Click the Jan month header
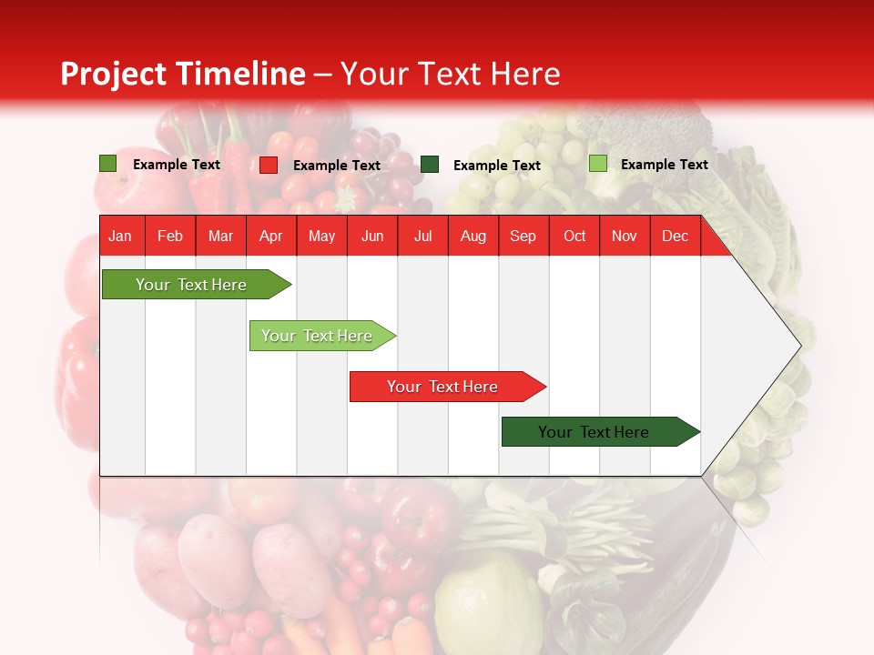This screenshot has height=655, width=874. (121, 236)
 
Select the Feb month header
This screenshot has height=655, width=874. (170, 236)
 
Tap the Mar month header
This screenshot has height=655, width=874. (220, 236)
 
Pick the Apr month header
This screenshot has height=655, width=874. (270, 236)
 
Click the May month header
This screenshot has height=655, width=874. (321, 236)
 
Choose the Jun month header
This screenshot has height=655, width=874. (372, 236)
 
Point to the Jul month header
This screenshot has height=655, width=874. (422, 236)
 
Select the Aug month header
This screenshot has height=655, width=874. (473, 236)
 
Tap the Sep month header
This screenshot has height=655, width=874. (523, 236)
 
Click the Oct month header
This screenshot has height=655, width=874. (574, 236)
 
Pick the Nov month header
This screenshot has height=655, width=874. (625, 236)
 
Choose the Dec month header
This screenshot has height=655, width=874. (675, 236)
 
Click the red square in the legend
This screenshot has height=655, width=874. (269, 165)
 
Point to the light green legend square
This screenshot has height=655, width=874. (598, 164)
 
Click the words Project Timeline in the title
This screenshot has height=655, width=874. (183, 74)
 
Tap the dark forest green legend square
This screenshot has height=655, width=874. (430, 165)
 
